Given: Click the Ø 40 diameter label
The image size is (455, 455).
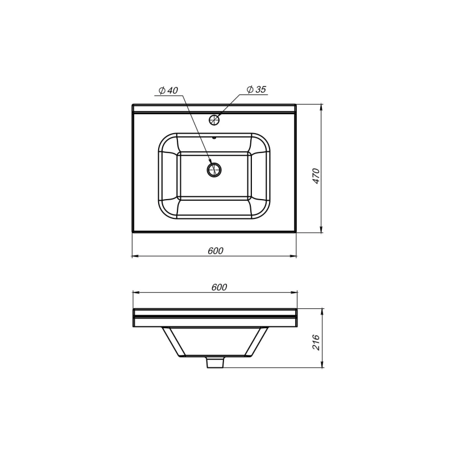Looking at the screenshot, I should click(x=169, y=91).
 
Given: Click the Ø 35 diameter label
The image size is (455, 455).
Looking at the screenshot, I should click(x=257, y=89).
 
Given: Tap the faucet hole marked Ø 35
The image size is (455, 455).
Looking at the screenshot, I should click(x=214, y=120).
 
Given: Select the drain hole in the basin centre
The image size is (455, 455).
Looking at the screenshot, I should click(x=214, y=169).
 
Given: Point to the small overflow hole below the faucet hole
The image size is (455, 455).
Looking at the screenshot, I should click(x=214, y=137).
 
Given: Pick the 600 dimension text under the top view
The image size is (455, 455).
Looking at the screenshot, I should click(x=215, y=251).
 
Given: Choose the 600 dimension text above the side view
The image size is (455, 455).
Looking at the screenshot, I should click(x=218, y=287).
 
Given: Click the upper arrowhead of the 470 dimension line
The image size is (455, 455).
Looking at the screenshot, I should click(x=322, y=107).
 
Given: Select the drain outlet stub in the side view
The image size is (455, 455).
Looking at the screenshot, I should click(x=214, y=362).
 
